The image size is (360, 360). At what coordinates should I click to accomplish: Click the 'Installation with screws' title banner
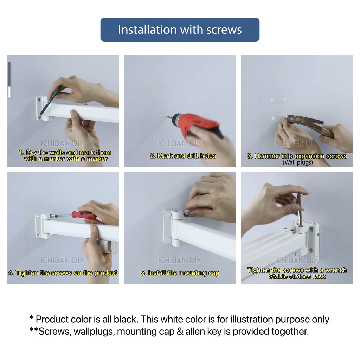(180, 30)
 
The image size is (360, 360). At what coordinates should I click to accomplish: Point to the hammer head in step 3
(291, 120)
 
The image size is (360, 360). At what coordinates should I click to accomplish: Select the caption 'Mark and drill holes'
(183, 156)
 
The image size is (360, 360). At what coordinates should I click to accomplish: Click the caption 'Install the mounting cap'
(180, 273)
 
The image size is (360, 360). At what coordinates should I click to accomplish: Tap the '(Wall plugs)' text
(297, 162)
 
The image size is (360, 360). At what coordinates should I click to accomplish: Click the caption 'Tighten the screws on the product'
(63, 273)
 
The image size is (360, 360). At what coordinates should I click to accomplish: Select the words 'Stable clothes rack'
(297, 277)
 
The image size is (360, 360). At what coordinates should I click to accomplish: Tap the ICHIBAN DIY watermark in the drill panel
(179, 143)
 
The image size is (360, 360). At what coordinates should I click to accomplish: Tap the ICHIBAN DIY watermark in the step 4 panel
(62, 261)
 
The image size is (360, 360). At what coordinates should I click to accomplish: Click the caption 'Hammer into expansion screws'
(297, 156)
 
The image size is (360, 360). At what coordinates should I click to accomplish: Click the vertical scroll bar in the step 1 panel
(9, 80)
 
